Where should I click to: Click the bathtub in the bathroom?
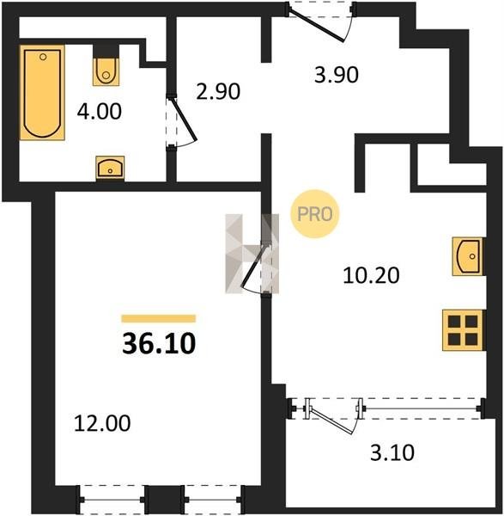coord(42,93)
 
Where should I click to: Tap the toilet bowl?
coord(106,72)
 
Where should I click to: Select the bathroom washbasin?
coord(110,168)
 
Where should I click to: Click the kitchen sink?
coord(468,256)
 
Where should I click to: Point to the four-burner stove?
coord(463,330)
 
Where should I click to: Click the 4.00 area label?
coord(100,111)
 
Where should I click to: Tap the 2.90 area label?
coord(218,91)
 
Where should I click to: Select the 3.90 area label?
coord(336,75)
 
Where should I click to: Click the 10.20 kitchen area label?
coord(371,275)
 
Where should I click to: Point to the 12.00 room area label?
coord(102,423)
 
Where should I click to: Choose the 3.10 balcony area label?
coord(392,452)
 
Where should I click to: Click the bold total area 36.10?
coord(159,343)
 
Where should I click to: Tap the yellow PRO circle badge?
coord(315,214)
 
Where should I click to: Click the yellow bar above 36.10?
coord(159,318)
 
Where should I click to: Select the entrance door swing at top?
coord(316,25)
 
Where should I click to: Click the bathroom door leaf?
coord(185,119)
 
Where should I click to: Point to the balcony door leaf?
coord(331,421)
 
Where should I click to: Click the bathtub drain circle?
coord(43,57)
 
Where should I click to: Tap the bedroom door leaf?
coord(253,265)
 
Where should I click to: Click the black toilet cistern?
coord(106,51)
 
